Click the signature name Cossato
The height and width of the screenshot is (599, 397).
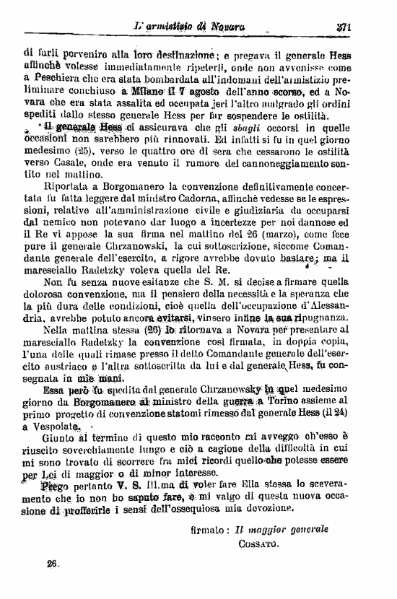pos(258,548)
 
